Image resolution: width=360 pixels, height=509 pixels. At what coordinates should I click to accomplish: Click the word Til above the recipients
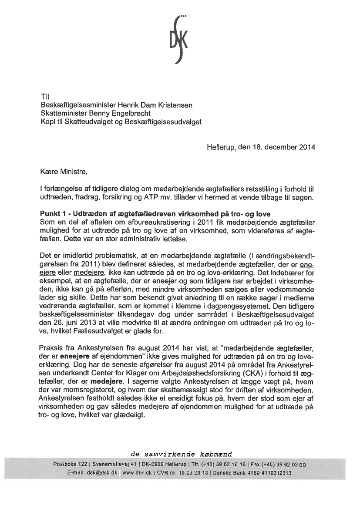pyautogui.click(x=45, y=96)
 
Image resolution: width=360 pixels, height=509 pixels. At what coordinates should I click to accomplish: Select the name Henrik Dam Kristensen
pyautogui.click(x=159, y=105)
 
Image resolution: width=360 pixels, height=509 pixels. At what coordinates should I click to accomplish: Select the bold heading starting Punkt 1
pyautogui.click(x=155, y=214)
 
